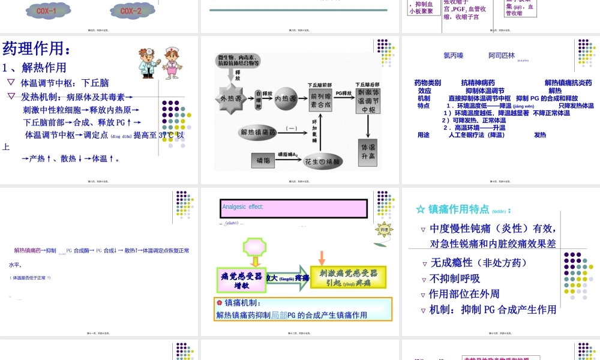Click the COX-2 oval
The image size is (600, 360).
tap(131, 11)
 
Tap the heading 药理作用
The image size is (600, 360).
tap(37, 48)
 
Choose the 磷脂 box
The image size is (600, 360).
tap(263, 160)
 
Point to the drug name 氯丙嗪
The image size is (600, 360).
tap(454, 56)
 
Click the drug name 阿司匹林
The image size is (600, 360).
tap(501, 56)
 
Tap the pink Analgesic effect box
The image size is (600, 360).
tap(293, 208)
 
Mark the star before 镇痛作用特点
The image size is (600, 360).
tap(421, 209)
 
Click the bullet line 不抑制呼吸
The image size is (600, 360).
tap(455, 278)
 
